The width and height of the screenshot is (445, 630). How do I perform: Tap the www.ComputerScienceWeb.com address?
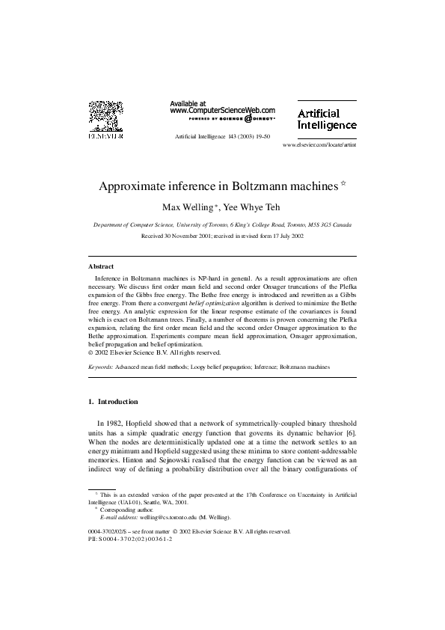[222, 110]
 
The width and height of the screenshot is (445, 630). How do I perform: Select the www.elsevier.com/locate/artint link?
[319, 144]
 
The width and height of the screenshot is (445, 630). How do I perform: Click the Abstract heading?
[101, 266]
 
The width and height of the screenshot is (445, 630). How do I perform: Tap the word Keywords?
[102, 367]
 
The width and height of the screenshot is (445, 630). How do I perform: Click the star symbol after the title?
[344, 183]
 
